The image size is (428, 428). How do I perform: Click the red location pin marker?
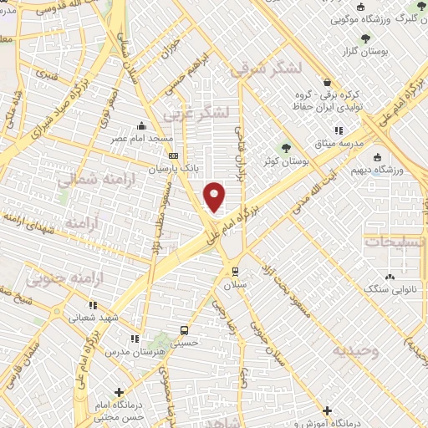(x=215, y=196)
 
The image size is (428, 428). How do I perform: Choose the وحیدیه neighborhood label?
(x=356, y=349)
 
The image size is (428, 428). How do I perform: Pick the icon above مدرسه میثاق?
(x=339, y=130)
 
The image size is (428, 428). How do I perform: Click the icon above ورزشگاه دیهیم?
(x=377, y=156)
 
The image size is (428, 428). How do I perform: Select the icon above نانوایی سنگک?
(x=390, y=277)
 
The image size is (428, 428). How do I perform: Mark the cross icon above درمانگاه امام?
(x=120, y=391)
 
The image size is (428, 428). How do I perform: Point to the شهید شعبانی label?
(x=117, y=318)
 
